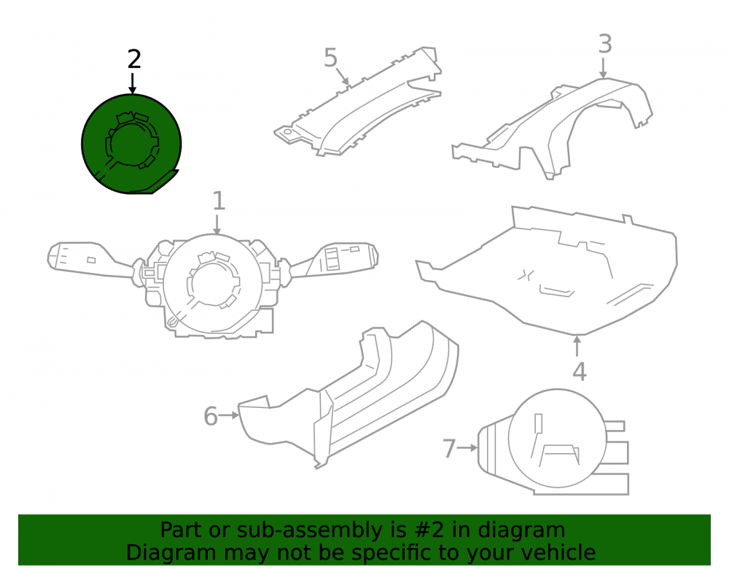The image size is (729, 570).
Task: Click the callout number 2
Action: pos(134,60)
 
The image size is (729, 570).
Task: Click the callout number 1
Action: pos(219,201)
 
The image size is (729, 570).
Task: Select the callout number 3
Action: pos(605,45)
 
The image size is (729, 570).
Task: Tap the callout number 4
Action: pos(580,371)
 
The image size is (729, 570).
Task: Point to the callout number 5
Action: pos(330,58)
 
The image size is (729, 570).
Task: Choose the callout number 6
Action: pos(211,416)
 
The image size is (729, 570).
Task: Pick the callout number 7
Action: pos(448,449)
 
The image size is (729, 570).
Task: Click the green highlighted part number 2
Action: pos(131,144)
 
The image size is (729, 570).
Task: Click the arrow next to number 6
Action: pos(230,415)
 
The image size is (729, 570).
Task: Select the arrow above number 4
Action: pos(577,346)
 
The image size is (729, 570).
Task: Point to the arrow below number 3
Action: pos(603,67)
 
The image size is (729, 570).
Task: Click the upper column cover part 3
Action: pos(553,128)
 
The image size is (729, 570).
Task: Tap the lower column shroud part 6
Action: pos(348,396)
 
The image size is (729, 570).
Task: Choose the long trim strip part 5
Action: pos(358,102)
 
